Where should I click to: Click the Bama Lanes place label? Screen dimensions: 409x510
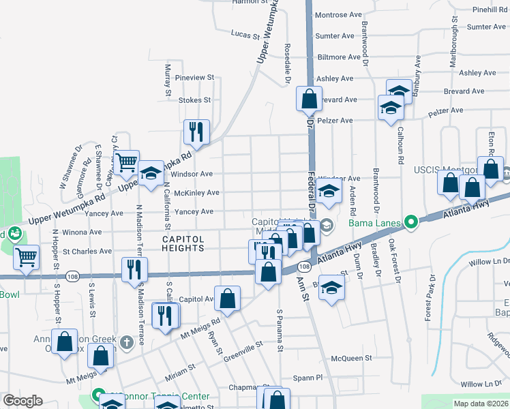coord(374,222)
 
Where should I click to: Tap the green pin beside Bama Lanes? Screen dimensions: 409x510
coord(410,222)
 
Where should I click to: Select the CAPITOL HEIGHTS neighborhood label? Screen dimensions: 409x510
coord(183,243)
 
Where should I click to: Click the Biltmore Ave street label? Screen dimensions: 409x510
coord(339,57)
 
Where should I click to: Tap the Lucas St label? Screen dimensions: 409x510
coord(246,33)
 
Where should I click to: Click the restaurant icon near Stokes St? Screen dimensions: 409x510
coord(196,132)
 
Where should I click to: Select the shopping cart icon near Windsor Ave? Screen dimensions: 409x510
coord(126,162)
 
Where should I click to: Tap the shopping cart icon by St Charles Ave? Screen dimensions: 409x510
coord(26,258)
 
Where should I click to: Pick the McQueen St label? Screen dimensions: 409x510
coord(350,358)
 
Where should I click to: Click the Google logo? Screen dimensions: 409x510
coord(22,401)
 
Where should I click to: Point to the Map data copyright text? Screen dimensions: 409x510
coord(481,404)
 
